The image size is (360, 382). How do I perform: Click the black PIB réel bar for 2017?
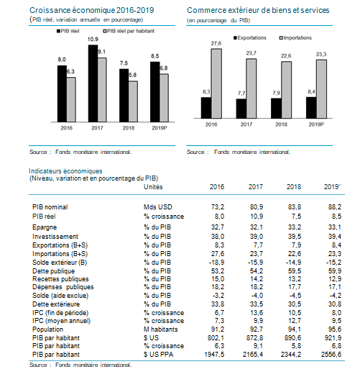point(93,83)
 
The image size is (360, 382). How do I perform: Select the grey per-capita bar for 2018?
point(133,101)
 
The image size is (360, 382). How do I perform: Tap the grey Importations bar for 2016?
point(216,83)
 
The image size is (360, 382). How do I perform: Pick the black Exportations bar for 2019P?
point(311,108)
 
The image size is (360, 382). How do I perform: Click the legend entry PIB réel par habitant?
point(129,31)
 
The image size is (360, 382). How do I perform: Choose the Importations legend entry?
point(295,37)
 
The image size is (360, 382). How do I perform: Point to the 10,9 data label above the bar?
point(93,40)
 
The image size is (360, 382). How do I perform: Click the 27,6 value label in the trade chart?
point(216,43)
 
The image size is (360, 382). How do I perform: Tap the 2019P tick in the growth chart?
point(160,128)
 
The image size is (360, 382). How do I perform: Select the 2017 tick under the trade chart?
point(246,124)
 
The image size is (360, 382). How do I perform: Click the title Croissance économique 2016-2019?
point(92,10)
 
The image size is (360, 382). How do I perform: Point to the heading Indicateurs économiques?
point(65,171)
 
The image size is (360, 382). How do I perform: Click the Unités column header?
point(153,187)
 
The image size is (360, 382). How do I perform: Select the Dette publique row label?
point(54,271)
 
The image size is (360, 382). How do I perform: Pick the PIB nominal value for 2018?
point(295,207)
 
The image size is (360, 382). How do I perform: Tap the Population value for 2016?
point(218,329)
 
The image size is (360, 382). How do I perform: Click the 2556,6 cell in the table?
point(331,354)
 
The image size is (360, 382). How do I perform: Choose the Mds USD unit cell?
point(158,207)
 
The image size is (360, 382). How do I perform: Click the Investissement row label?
point(55,237)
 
